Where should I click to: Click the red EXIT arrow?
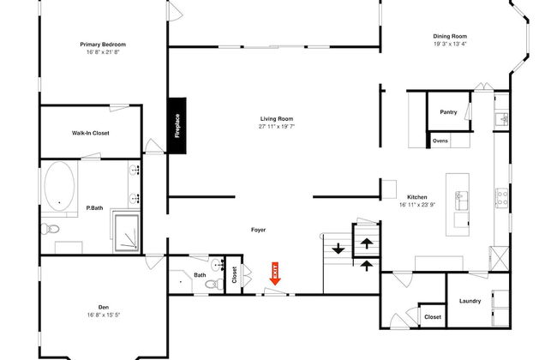[x=275, y=273]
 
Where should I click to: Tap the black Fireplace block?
[x=177, y=126]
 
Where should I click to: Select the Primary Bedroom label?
[x=103, y=45]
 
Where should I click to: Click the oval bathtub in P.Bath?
[x=59, y=186]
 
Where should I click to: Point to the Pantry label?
[x=448, y=112]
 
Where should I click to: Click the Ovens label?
[x=440, y=141]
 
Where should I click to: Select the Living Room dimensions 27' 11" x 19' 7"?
[x=277, y=126]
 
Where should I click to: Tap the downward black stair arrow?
[x=338, y=248]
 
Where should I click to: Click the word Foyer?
[x=258, y=230]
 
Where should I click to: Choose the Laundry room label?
[x=470, y=301]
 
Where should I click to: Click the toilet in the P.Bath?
[x=50, y=229]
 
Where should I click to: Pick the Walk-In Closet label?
[x=91, y=133]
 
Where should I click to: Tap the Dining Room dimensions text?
[x=450, y=44]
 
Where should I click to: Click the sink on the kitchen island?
[x=461, y=201]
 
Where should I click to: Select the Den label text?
[x=104, y=307]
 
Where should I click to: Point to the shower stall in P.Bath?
[x=127, y=232]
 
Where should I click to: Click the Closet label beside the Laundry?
[x=433, y=316]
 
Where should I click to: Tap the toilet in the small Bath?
[x=214, y=284]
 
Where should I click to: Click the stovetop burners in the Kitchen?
[x=501, y=198]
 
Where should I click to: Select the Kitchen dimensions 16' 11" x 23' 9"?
[x=417, y=205]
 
